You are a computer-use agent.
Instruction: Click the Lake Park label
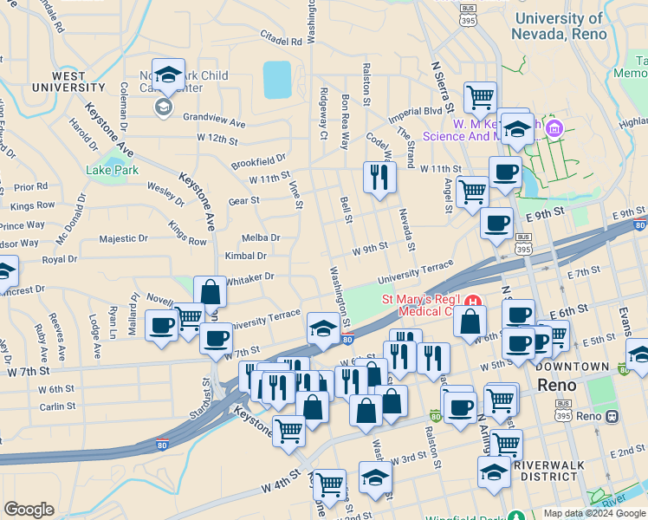tap(113, 170)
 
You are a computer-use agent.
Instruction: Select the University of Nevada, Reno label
tap(571, 26)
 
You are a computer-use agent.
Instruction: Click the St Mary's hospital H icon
tap(473, 302)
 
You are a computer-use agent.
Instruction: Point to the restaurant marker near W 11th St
tap(379, 179)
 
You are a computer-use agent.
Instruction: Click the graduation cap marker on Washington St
tap(323, 329)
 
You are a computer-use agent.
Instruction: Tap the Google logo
tap(29, 510)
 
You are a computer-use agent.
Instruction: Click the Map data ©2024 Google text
tap(594, 513)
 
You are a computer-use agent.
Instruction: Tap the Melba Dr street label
tap(261, 237)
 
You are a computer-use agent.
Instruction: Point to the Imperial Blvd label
tap(415, 111)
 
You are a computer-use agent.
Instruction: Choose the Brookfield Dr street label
tap(258, 161)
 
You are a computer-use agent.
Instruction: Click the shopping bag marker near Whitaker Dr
tap(210, 292)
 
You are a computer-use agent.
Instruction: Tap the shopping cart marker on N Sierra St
tap(480, 98)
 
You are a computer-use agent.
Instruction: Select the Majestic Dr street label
tap(124, 239)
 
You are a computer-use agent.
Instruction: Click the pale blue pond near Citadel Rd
tap(277, 80)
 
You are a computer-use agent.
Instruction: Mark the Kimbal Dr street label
tap(246, 257)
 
